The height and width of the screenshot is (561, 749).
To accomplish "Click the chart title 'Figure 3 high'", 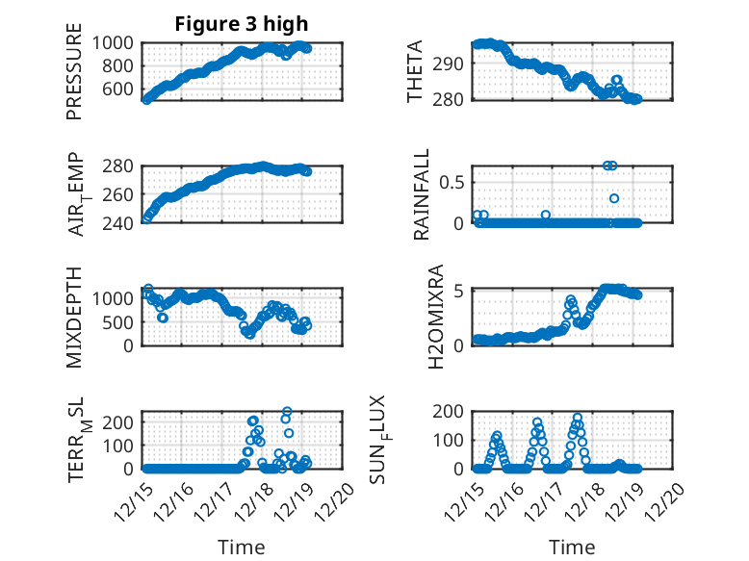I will tap(241, 24).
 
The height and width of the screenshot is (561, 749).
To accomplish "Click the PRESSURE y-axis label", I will tap(74, 78).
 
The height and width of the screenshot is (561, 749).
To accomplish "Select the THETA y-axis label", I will tap(415, 72).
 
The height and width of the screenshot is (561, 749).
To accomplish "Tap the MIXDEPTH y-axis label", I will tap(74, 317).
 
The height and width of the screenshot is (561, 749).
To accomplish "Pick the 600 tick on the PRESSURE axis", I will tap(124, 89).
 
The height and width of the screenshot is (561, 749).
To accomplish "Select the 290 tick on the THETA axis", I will tap(453, 64).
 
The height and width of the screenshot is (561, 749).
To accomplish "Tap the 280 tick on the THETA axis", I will tap(453, 98).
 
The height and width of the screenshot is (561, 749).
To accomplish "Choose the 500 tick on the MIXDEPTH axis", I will tap(122, 321).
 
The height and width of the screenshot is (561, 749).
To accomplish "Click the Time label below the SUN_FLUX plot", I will tap(572, 547).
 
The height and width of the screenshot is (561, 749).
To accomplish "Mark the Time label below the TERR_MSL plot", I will tap(242, 547).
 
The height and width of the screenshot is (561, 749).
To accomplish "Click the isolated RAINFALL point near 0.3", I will tap(614, 198).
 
